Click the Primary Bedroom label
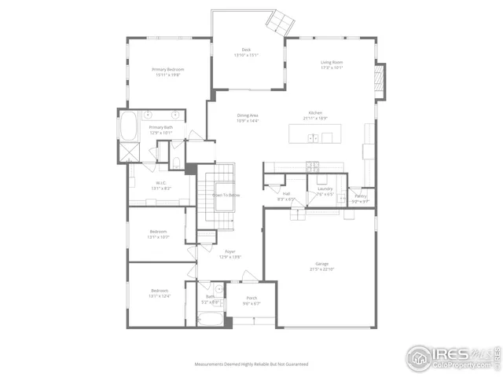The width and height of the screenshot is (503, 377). (167, 70)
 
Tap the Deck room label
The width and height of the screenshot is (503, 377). (245, 50)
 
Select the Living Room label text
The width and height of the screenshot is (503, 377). (331, 62)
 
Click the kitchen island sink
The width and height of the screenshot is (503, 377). (313, 138)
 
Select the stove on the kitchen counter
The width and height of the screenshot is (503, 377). (313, 166)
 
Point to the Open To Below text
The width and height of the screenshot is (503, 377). (226, 195)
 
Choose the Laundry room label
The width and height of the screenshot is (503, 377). (325, 189)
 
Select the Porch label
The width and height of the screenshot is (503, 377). (251, 298)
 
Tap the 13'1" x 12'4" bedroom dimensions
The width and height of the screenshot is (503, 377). (160, 296)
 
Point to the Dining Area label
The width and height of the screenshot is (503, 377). (248, 115)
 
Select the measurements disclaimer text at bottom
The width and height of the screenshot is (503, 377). (251, 364)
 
